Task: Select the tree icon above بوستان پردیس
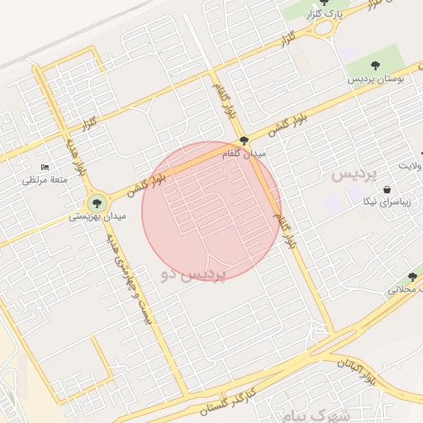tap(377, 64)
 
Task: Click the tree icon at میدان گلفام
tap(243, 140)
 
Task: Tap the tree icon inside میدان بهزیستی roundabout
tap(97, 202)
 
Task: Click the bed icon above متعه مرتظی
tap(45, 168)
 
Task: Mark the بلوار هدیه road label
tap(69, 156)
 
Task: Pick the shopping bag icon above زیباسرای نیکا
tap(387, 190)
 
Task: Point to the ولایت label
tap(410, 166)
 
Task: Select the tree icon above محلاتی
tap(412, 277)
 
